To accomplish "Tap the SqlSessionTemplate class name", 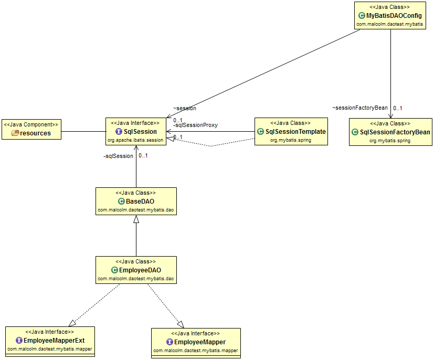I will [x=295, y=132].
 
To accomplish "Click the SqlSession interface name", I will [x=140, y=132].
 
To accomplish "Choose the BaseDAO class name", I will [x=140, y=202].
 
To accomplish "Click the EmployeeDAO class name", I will [x=140, y=270].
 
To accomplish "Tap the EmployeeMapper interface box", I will [x=196, y=343].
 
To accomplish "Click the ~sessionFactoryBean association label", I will [x=359, y=108].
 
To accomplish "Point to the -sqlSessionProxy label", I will [x=195, y=125].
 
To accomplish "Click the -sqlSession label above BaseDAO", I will [x=118, y=156].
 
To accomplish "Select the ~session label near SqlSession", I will [x=185, y=108].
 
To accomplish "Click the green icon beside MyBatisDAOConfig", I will [x=362, y=16].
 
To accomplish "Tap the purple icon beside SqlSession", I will [x=119, y=132].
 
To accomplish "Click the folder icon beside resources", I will [x=15, y=133].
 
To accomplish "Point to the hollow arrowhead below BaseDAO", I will [x=136, y=220].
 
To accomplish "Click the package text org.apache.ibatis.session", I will [x=136, y=140].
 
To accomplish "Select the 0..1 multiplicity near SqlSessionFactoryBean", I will [x=398, y=108].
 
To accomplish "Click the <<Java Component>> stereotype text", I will [x=31, y=124].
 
